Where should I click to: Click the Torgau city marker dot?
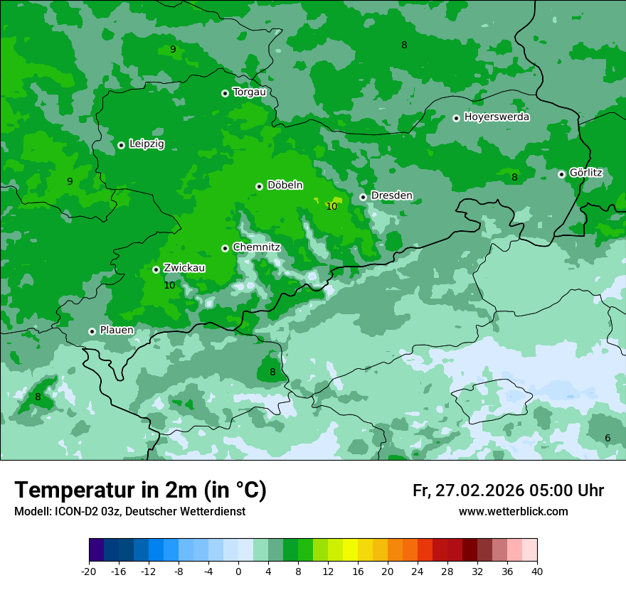225,93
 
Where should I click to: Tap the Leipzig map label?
147,144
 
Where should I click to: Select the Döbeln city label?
285,186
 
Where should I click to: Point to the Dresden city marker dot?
363,197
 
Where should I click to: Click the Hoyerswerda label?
497,117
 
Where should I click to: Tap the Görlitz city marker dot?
561,174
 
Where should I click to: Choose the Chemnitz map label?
256,247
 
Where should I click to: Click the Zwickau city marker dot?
156,270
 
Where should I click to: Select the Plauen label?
117,331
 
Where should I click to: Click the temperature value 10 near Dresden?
331,206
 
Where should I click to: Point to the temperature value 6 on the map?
608,438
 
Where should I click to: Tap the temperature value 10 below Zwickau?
169,285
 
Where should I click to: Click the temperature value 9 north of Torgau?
172,49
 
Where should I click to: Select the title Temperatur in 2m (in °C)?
140,490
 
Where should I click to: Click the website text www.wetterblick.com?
513,512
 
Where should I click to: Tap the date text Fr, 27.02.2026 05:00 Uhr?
508,490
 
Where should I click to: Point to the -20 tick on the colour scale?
89,571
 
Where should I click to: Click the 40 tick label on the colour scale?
537,571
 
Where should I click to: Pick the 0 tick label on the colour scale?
238,571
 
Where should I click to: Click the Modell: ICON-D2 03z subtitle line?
129,512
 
